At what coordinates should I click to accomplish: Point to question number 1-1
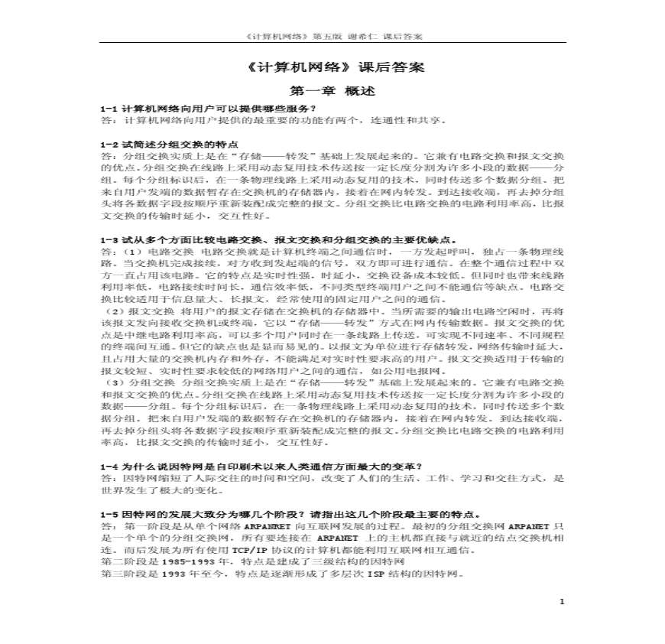(x=110, y=109)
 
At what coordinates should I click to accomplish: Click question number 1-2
(x=110, y=144)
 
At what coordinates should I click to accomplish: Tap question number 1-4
(x=110, y=466)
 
